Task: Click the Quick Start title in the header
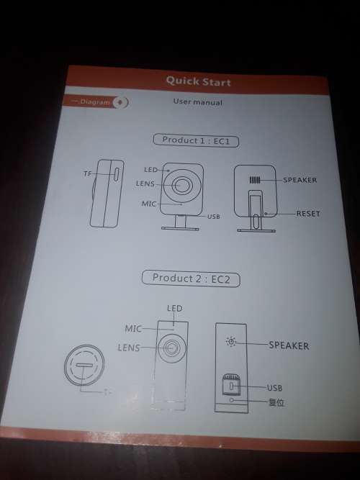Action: [x=198, y=81]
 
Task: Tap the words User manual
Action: [x=197, y=102]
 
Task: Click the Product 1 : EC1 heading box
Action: [x=196, y=140]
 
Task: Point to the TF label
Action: [x=87, y=174]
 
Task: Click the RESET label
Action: [x=307, y=214]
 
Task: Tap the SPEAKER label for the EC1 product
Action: [x=300, y=179]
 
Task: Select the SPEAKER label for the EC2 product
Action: [x=289, y=345]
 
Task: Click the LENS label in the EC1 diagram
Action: [x=145, y=184]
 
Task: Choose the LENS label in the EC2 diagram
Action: [x=129, y=348]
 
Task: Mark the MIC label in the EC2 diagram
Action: [x=133, y=328]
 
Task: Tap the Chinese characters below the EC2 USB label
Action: [x=276, y=402]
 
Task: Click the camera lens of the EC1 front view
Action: [x=184, y=185]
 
